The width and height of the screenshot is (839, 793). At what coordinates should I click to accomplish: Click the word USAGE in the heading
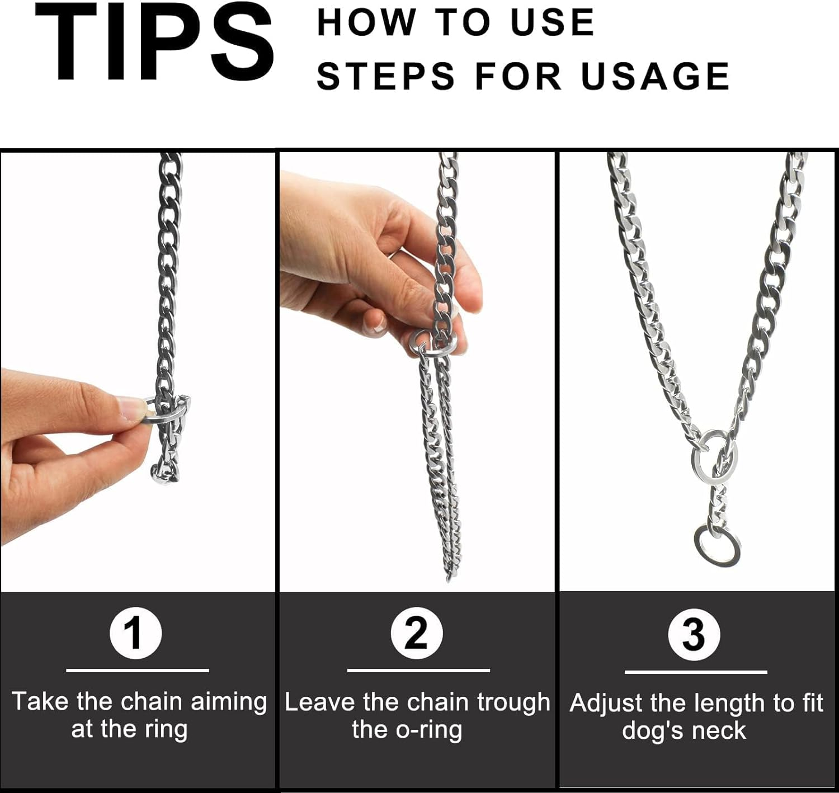click(x=656, y=77)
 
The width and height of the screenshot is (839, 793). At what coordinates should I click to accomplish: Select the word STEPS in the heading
click(x=386, y=77)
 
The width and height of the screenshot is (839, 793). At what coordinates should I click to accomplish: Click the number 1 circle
click(x=135, y=633)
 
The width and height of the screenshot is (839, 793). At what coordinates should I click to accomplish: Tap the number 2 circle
click(x=417, y=633)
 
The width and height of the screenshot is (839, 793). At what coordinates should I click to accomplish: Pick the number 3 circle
click(x=694, y=635)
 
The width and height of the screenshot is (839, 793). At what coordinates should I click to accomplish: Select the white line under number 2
click(x=418, y=670)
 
